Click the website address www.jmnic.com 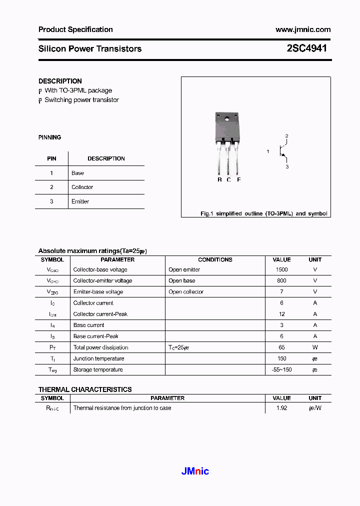click(x=302, y=29)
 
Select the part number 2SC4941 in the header click(x=307, y=48)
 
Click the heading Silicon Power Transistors click(x=90, y=49)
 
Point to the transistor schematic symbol click(x=282, y=151)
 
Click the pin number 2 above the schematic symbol click(x=286, y=136)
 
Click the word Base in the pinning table click(x=77, y=173)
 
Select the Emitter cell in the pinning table click(x=80, y=201)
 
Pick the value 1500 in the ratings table click(x=281, y=269)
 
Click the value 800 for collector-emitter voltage click(x=281, y=280)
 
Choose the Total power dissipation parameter click(x=100, y=347)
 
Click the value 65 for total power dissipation click(x=281, y=347)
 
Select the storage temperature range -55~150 click(x=281, y=369)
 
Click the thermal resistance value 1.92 click(x=281, y=408)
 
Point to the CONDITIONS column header click(x=215, y=259)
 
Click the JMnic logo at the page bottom click(x=194, y=471)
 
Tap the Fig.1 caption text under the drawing click(x=263, y=213)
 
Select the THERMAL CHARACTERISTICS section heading click(x=85, y=389)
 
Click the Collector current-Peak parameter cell click(x=100, y=314)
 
